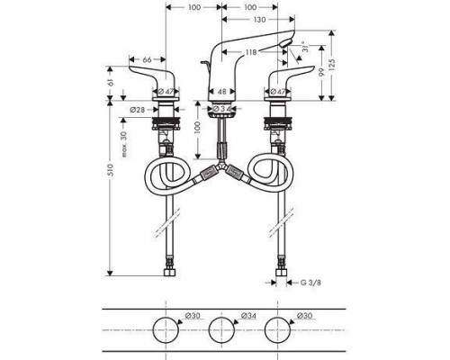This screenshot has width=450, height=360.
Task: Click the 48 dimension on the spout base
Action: [222, 91]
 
